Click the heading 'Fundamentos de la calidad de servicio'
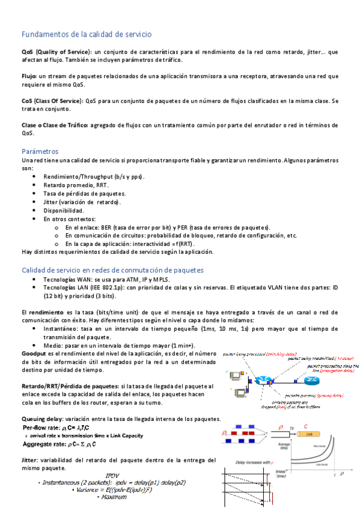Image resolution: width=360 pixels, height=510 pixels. [87, 34]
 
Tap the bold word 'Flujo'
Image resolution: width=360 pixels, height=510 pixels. [29, 76]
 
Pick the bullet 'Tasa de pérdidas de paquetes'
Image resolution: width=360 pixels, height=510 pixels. [85, 193]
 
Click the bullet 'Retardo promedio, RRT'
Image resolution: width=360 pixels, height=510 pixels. [76, 185]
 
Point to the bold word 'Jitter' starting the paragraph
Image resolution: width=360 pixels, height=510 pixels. [31, 459]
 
